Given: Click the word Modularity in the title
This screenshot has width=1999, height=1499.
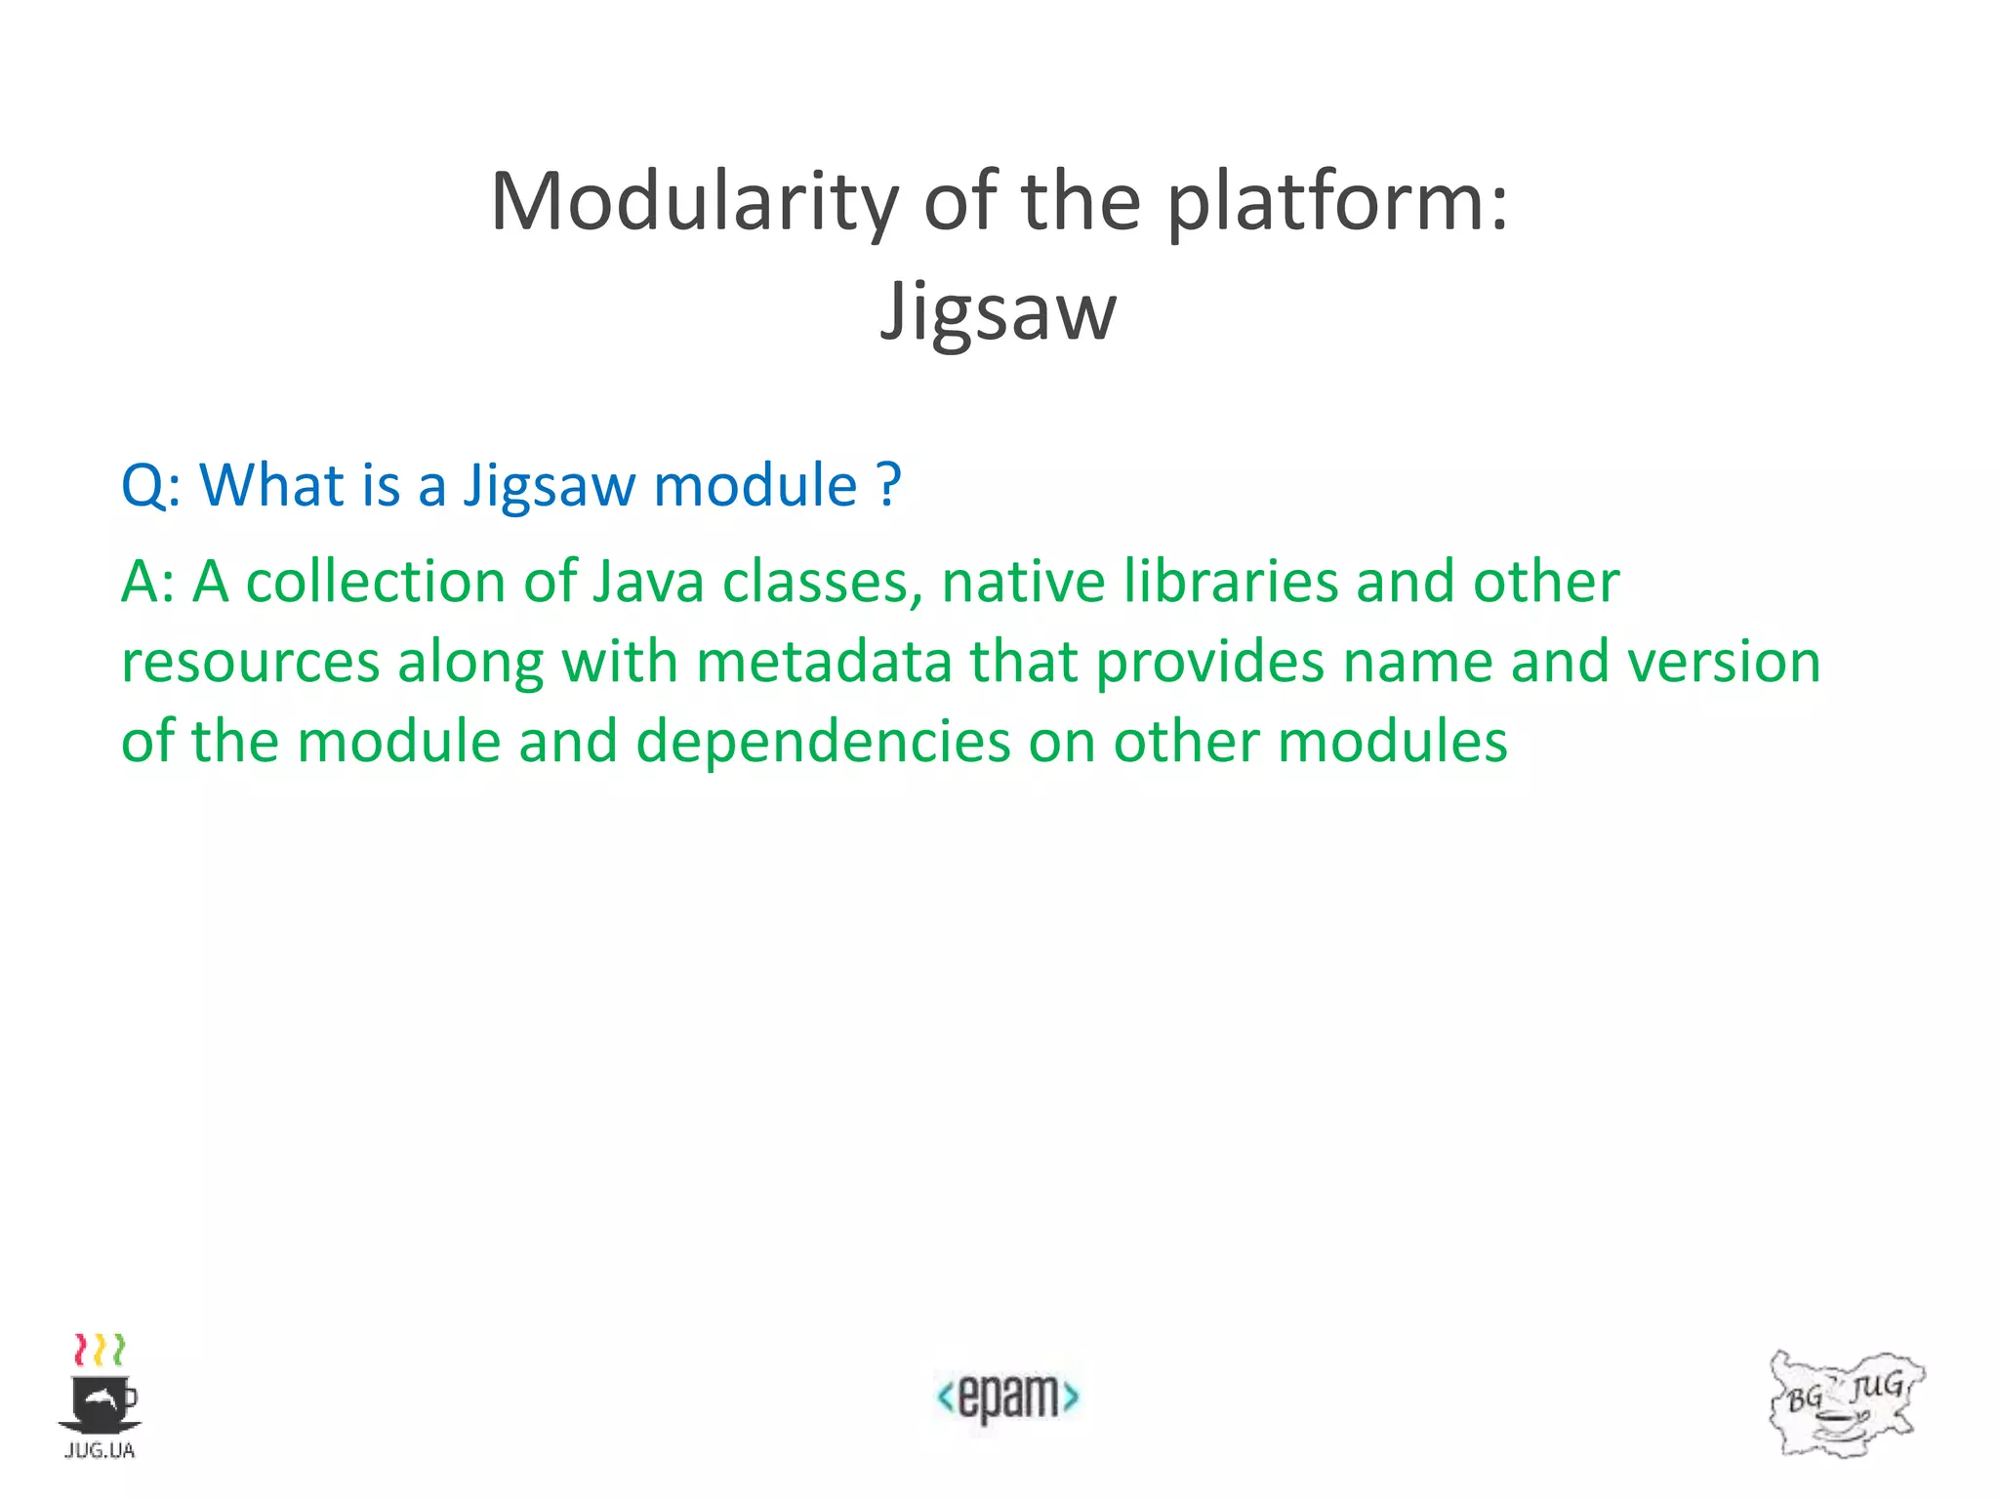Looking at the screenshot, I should tap(693, 203).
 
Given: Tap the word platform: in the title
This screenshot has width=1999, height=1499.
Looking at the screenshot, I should tap(1337, 203).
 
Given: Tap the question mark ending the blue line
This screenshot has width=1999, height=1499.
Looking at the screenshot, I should tap(888, 485).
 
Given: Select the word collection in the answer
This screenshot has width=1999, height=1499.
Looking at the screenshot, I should tap(375, 583).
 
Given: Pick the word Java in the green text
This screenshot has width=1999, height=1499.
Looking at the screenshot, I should tap(648, 583).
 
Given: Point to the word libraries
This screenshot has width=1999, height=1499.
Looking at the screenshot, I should tap(1230, 583).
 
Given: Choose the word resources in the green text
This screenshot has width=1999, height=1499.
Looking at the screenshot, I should tap(250, 663).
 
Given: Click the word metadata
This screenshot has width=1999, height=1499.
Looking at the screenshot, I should tap(824, 663).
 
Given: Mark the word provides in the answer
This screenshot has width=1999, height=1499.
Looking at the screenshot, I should tap(1210, 663).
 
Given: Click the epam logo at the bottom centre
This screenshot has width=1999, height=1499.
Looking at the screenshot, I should tap(1007, 1398).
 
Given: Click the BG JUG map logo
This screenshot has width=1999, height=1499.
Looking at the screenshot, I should tap(1845, 1403).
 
